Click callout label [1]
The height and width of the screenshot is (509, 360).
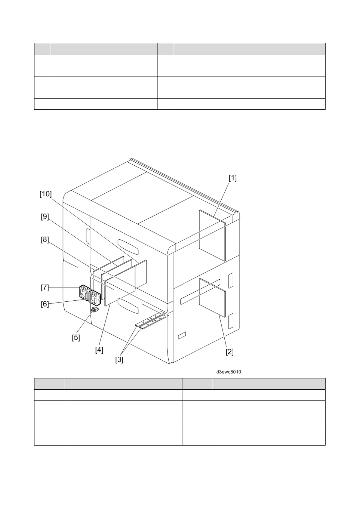point(232,178)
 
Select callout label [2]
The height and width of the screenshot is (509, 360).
point(229,352)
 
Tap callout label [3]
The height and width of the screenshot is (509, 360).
point(119,360)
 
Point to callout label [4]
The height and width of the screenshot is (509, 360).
point(99,350)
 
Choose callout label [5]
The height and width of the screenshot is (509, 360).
point(76,337)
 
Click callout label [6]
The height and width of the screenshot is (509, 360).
point(45,304)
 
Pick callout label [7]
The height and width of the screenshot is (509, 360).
point(45,287)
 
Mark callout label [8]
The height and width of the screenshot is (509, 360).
point(45,240)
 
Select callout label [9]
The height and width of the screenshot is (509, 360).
point(45,217)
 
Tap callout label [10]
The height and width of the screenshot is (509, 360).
point(46,194)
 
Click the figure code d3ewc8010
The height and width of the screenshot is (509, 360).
point(229,372)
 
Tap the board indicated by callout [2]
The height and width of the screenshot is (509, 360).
point(212,298)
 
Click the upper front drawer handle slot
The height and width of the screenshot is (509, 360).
point(128,246)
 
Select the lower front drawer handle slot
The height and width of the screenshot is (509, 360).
point(128,305)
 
